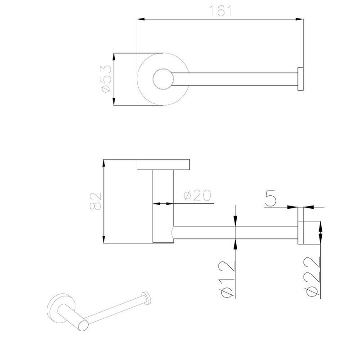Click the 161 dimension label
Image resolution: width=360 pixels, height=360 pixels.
220,11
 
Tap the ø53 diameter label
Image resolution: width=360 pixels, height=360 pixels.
106,79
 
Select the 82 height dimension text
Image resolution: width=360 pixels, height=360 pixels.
95,201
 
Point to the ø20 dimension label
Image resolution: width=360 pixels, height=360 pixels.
197,196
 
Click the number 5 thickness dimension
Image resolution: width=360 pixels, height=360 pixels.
271,198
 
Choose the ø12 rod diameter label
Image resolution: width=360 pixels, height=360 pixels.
228,279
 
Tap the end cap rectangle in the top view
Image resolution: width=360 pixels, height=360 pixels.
301,79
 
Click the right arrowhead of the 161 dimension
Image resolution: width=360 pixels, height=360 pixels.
299,19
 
